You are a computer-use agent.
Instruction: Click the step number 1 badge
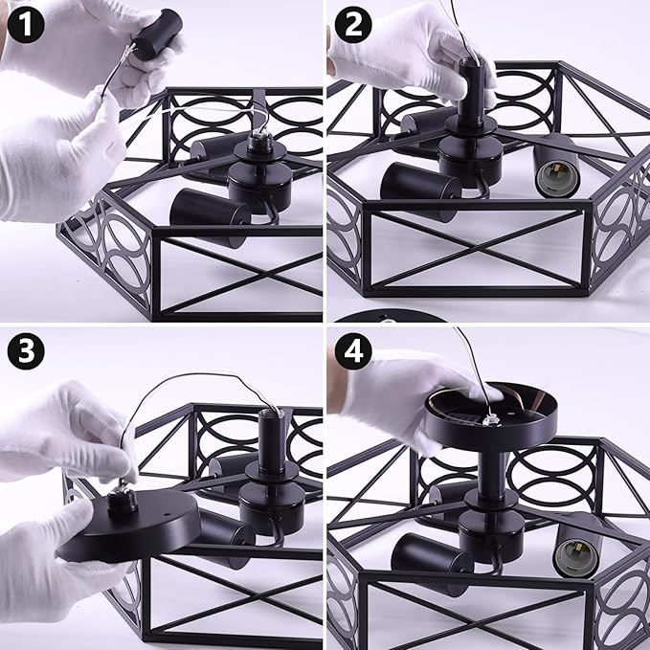[25, 25]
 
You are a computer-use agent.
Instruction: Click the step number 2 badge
[353, 25]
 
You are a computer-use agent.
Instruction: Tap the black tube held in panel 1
[158, 34]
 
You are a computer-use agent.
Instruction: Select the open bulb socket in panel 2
[555, 170]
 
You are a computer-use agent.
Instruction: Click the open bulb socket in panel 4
[576, 550]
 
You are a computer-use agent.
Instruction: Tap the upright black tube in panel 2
[472, 87]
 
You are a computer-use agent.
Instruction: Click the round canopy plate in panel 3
[129, 527]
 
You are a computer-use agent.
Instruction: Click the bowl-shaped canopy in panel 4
[491, 415]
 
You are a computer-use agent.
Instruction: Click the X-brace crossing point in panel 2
[477, 248]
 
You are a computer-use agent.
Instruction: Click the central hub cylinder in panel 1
[260, 187]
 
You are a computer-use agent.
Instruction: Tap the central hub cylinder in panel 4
[491, 536]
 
